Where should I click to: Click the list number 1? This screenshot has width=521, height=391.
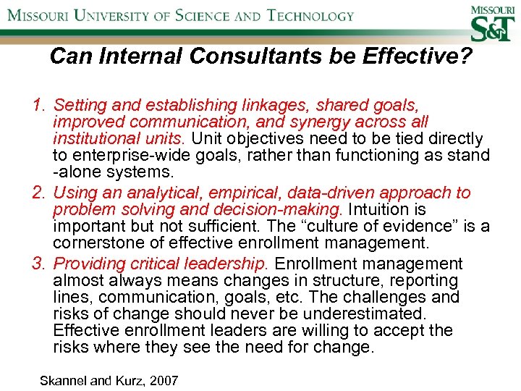click(38, 106)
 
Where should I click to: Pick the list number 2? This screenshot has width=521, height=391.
click(38, 193)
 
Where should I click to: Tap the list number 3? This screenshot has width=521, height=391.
click(38, 263)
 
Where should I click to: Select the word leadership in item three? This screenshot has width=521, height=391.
click(226, 263)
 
